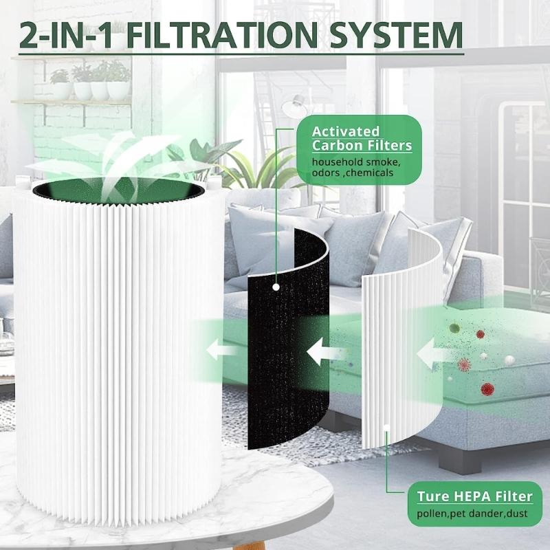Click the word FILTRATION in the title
pos(221,35)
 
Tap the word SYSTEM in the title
pos(396,35)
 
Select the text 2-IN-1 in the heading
pos(67,35)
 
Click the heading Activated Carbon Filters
pos(362,139)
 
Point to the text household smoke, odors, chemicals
pos(356,167)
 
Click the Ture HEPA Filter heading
pos(474,496)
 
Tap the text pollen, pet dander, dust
pos(472,514)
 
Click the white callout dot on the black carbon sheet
pos(276,287)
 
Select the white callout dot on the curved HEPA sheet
pos(386,427)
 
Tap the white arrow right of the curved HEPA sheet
pos(432,354)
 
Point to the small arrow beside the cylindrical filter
pos(219,349)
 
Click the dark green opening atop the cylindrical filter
pos(118,191)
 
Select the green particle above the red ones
pos(454,328)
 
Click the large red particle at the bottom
pos(487,388)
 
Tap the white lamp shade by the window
pos(294,107)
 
